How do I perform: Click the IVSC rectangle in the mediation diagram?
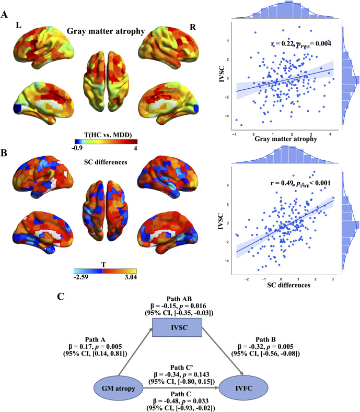coord(177,327)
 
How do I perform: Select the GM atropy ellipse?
coord(118,389)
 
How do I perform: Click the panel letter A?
coord(4,15)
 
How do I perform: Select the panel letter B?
coord(4,153)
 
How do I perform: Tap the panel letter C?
coord(61,297)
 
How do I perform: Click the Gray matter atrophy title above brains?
coord(106,31)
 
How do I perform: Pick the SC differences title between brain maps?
coord(106,162)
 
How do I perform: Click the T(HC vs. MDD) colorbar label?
coord(108,135)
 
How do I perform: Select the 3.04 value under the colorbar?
coord(131,277)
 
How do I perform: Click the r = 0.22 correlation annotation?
coord(301,44)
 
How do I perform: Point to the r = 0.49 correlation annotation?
coord(300,183)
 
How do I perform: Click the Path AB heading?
coord(179,299)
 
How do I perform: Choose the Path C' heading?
coord(182,367)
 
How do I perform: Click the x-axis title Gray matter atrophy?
coord(286,139)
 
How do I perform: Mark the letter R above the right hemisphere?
coord(193,27)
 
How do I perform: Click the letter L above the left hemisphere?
coord(19,25)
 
